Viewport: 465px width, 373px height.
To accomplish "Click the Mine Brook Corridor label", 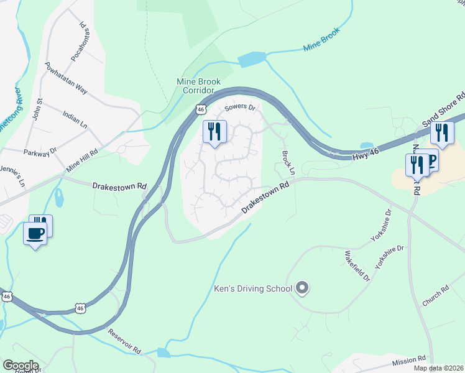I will click(199, 86).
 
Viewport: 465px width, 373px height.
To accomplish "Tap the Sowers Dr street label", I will click(240, 108).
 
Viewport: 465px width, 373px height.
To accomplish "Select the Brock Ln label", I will click(287, 162).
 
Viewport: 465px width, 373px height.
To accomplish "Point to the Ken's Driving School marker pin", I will click(303, 287).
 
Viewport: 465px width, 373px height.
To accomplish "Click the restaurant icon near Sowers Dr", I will click(214, 132).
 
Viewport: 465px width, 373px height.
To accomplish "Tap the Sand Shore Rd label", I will click(444, 111).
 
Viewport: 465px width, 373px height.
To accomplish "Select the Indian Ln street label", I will click(75, 118).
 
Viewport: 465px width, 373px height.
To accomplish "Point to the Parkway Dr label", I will click(40, 151).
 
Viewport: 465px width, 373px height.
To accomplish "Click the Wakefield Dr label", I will click(357, 265).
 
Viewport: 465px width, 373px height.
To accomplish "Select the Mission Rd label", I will click(409, 359).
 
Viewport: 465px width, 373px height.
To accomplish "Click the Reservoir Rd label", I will click(125, 341).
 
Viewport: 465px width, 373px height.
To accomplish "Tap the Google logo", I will click(20, 366).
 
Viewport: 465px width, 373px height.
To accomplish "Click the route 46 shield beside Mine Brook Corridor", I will click(200, 109).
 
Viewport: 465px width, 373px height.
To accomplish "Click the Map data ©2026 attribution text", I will click(438, 368).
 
